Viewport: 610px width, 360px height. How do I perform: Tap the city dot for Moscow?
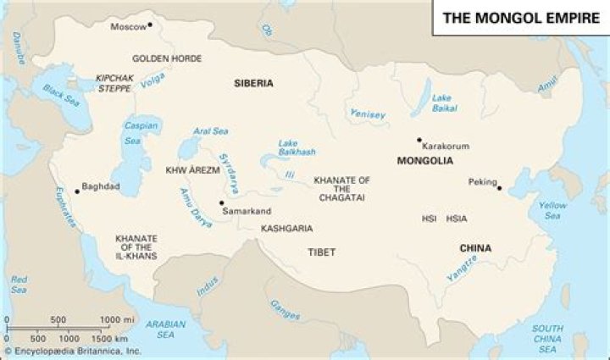[x=150, y=25]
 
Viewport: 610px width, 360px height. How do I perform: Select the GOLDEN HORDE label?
[x=167, y=58]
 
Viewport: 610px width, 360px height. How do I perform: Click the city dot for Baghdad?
[x=77, y=191]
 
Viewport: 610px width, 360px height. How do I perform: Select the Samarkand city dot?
[x=221, y=203]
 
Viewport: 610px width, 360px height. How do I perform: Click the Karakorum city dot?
[x=419, y=140]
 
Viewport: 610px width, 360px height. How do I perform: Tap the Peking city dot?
[x=499, y=188]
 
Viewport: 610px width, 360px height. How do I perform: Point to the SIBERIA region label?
[x=253, y=83]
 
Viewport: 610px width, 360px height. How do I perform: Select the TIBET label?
[x=322, y=252]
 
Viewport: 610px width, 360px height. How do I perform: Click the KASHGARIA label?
[x=286, y=229]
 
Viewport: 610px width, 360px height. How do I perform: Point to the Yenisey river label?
[x=368, y=114]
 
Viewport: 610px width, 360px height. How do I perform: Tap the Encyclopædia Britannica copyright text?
[x=72, y=350]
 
